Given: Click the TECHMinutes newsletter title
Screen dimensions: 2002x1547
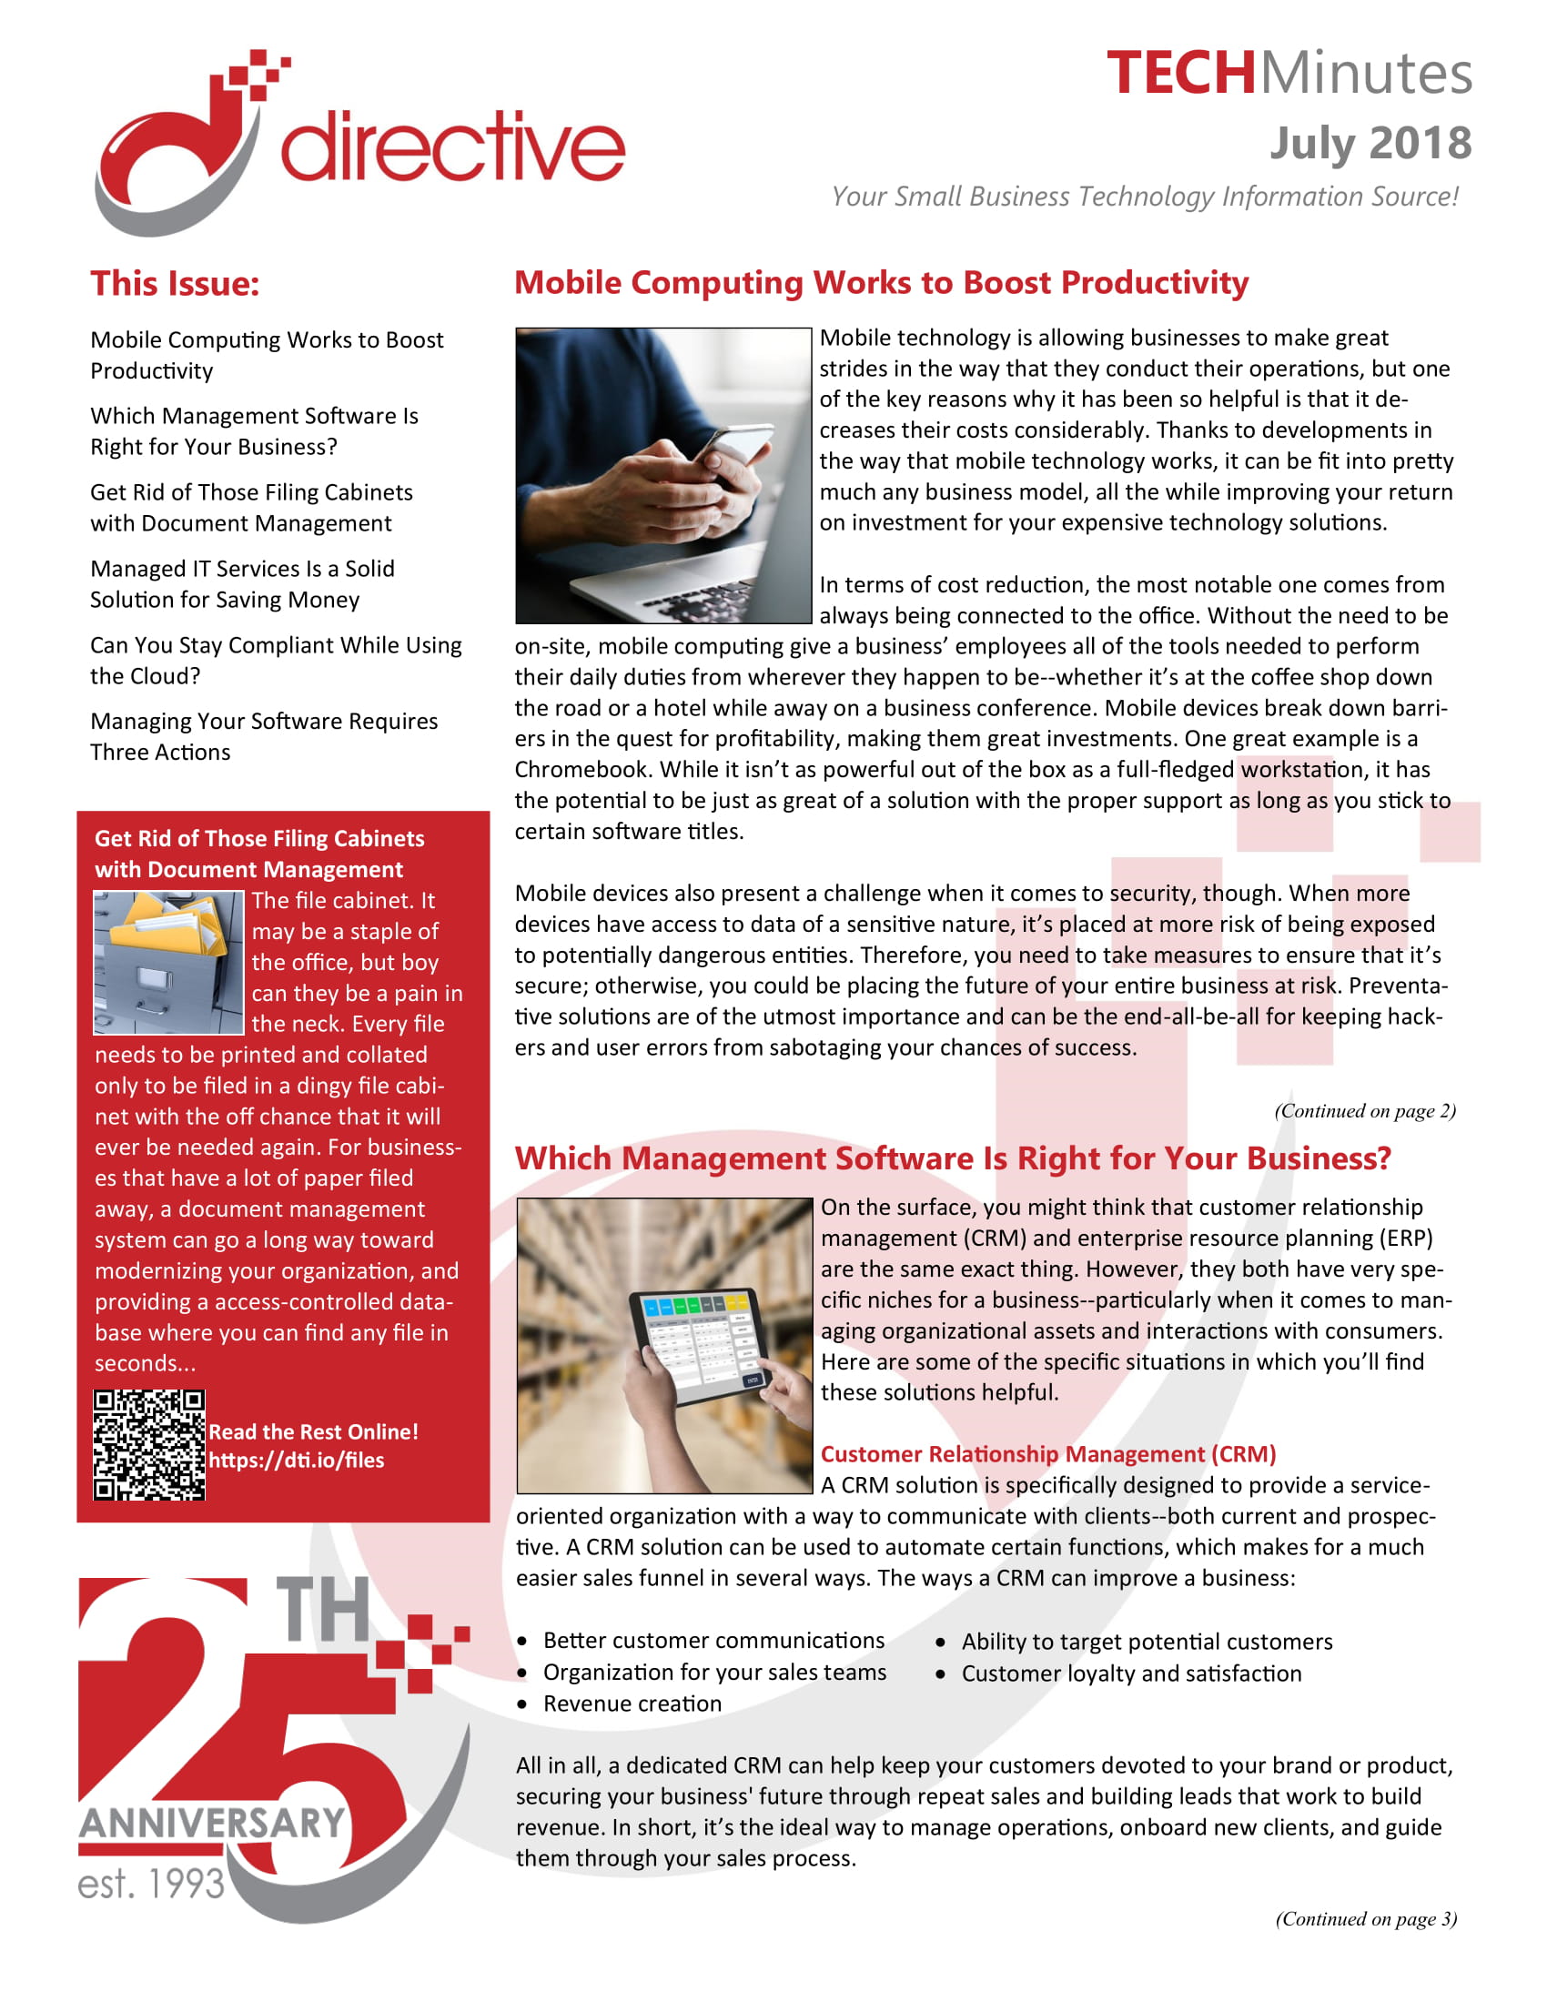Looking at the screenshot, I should click(1289, 74).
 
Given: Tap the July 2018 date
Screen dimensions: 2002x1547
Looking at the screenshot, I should click(1370, 143).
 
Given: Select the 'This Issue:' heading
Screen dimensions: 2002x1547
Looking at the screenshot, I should click(174, 283).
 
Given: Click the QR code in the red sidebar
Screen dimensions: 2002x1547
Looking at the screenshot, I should click(148, 1444).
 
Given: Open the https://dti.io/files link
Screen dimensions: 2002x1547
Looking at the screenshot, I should click(296, 1460).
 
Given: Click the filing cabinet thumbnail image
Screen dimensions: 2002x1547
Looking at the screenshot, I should click(168, 963).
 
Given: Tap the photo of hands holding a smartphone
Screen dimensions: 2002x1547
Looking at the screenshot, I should click(662, 475).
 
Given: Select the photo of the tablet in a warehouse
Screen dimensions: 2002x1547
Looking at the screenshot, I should click(664, 1345).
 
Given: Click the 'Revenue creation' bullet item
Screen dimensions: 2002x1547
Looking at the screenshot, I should click(632, 1704).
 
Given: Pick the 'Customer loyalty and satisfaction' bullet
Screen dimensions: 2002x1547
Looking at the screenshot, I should click(1131, 1673).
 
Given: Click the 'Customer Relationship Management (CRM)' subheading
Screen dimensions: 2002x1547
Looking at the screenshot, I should click(1047, 1454).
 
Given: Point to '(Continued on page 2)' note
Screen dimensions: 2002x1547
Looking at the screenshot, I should click(1365, 1110).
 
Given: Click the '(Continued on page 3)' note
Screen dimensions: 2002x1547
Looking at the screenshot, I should click(1366, 1918).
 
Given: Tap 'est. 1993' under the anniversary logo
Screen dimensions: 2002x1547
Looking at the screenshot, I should click(151, 1884).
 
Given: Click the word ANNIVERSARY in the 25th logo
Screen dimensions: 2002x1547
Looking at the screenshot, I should click(212, 1824).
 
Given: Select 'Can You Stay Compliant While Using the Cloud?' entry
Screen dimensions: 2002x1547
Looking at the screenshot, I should click(275, 660).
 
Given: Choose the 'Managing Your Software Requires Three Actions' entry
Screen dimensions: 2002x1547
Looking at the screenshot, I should click(264, 736).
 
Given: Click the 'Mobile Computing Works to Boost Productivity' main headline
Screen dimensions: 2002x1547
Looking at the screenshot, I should click(881, 282).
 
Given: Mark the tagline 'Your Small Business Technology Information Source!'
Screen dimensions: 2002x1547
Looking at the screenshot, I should click(1145, 197).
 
